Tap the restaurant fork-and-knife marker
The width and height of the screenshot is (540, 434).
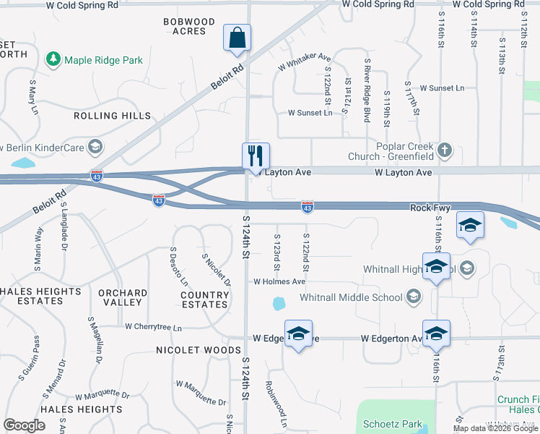click(256, 155)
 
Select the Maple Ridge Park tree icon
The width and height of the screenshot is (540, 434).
click(53, 60)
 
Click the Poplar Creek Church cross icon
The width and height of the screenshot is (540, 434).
click(445, 150)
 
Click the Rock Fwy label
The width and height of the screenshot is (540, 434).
click(430, 208)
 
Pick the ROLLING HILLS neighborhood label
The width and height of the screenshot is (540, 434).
click(113, 116)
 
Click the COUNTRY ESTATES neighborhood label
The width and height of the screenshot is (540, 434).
click(205, 299)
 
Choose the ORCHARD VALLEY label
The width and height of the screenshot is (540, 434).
click(123, 297)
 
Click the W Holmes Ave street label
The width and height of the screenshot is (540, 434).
click(279, 281)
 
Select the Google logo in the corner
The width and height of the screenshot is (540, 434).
click(24, 425)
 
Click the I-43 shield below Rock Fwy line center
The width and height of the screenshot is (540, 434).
click(307, 208)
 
